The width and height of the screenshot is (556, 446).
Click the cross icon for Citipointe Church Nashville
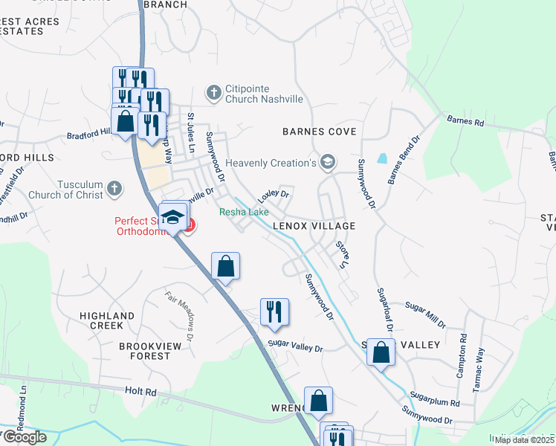(x=214, y=92)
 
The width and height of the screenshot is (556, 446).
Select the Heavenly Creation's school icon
(x=328, y=163)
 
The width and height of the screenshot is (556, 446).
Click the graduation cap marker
(x=173, y=217)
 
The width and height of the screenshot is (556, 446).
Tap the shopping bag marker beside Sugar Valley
(x=381, y=352)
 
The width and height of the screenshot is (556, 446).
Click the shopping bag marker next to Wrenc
(x=318, y=401)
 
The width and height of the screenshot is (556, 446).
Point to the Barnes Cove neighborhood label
(x=319, y=132)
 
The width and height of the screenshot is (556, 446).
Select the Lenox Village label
(x=313, y=225)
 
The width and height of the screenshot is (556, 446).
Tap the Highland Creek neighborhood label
(x=106, y=320)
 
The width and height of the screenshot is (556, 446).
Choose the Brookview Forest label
(x=144, y=351)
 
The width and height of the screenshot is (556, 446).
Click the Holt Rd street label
(x=140, y=391)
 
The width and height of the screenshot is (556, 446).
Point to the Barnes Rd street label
(x=465, y=120)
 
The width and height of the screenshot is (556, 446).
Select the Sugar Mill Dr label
(x=425, y=314)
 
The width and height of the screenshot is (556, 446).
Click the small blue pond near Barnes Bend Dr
(x=382, y=158)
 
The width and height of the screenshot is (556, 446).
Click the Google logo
(x=24, y=437)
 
